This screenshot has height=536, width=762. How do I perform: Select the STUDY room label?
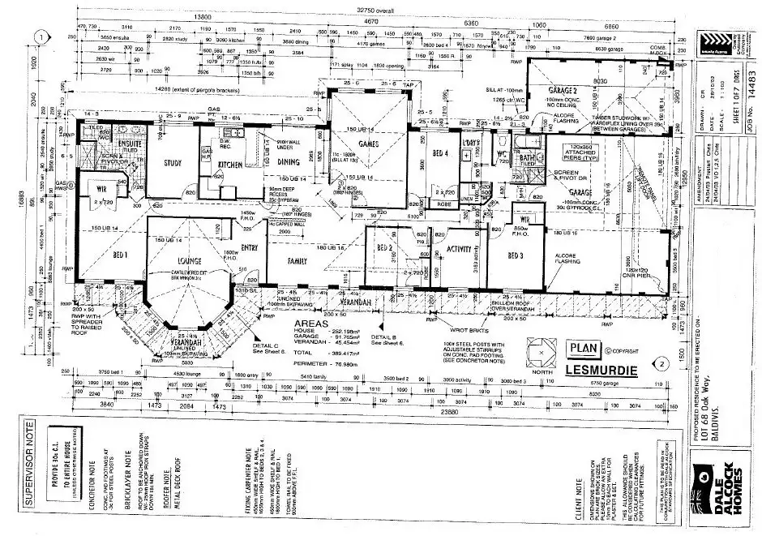point(172,163)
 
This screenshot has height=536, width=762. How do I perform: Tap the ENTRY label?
point(249,248)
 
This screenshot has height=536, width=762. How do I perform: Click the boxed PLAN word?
point(582,348)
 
